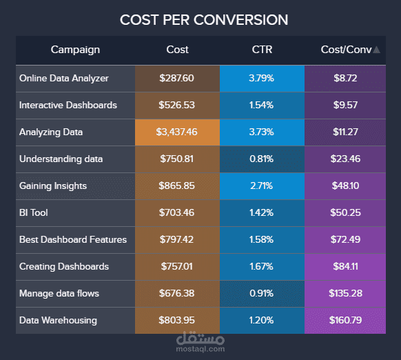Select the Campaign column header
tap(75, 50)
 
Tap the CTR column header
tap(262, 50)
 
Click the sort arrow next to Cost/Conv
tap(376, 50)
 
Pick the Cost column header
tap(177, 50)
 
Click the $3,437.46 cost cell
tap(177, 132)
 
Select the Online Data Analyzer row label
tap(64, 78)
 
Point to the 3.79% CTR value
tap(262, 78)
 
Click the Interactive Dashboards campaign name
tap(68, 105)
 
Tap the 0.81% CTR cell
tap(262, 159)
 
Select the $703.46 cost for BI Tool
tap(177, 212)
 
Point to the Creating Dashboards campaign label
tap(64, 266)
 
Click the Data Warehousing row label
tap(58, 320)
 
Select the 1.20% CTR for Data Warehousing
tap(262, 320)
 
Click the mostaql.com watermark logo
tap(200, 342)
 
